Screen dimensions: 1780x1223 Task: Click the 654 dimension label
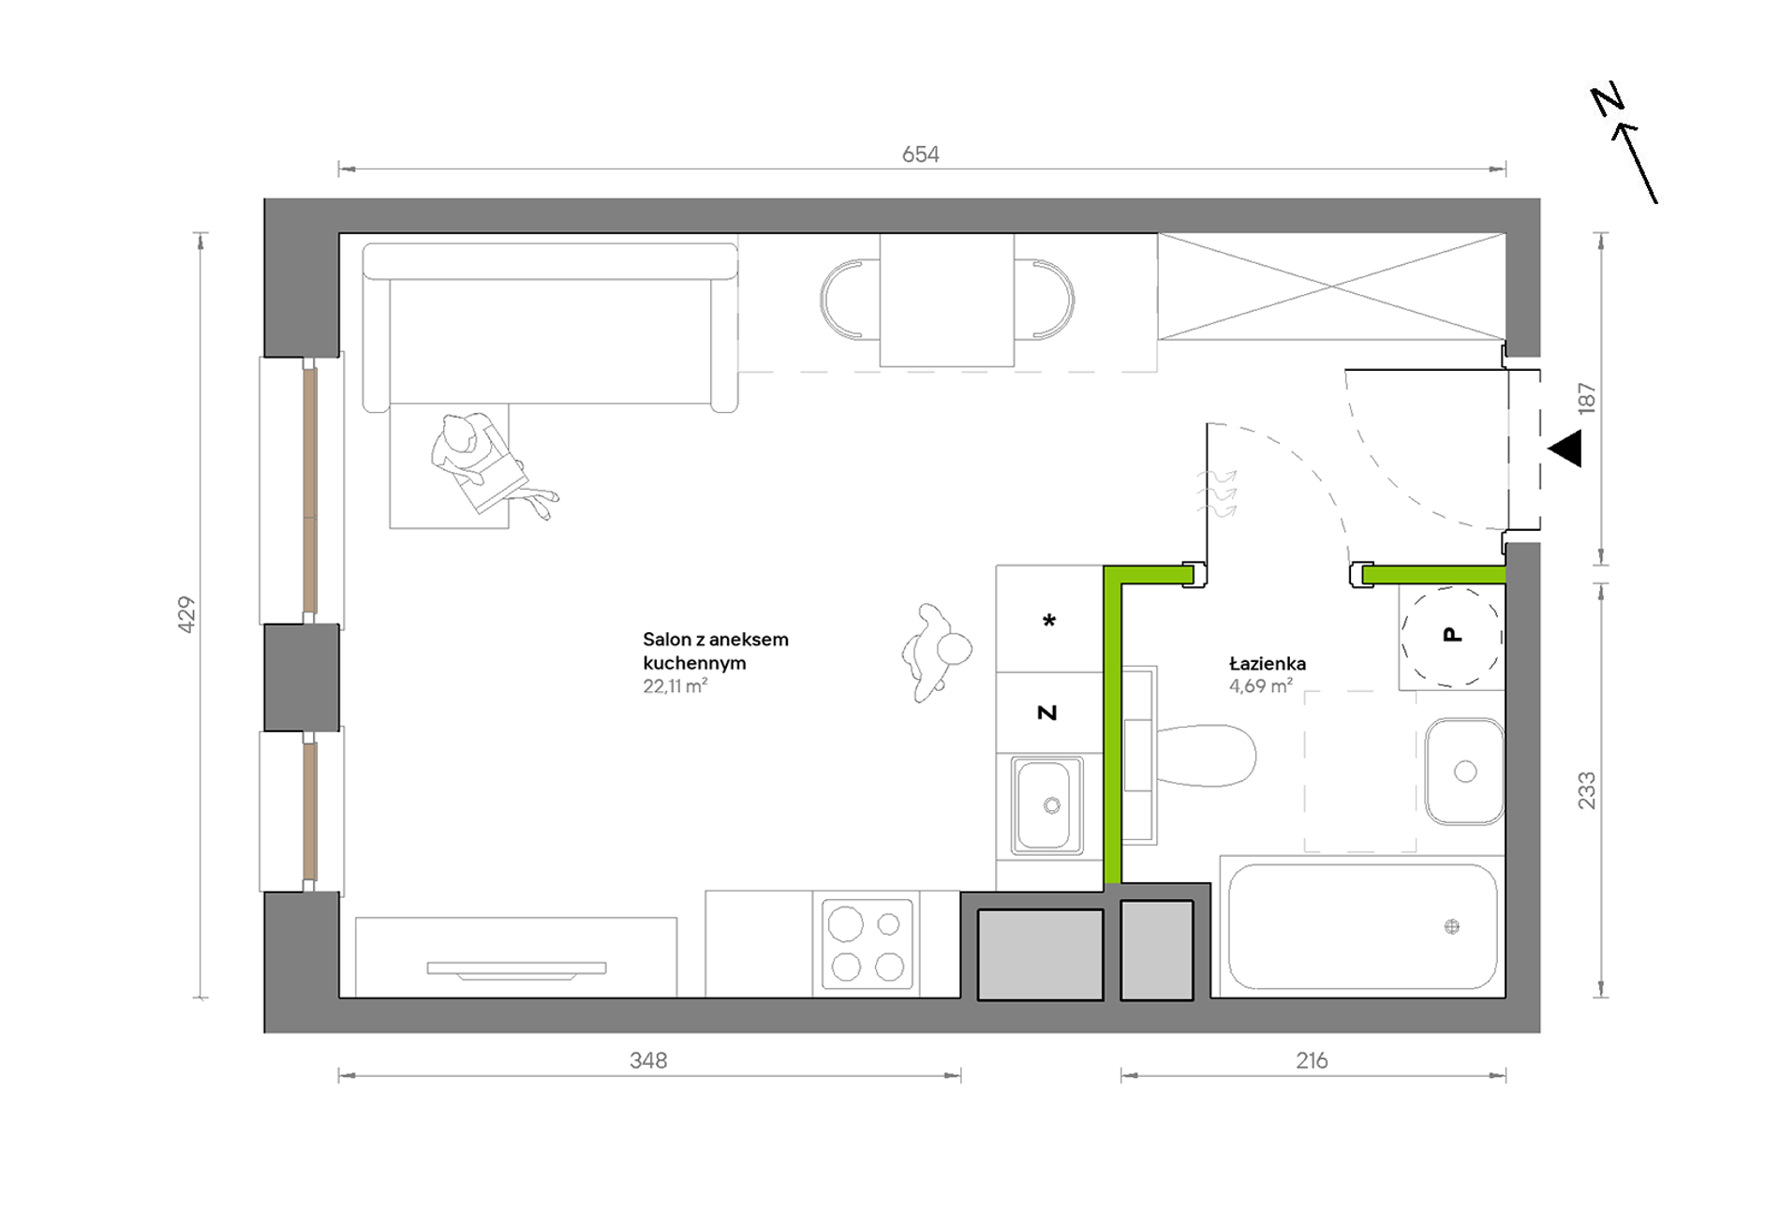point(920,155)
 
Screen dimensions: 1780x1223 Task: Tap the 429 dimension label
point(186,614)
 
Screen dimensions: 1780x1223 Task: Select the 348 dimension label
point(648,1060)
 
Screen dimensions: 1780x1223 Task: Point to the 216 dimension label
point(1312,1060)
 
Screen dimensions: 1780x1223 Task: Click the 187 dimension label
point(1586,398)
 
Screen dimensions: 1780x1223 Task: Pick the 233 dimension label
point(1586,790)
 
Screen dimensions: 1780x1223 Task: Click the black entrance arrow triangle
point(1565,449)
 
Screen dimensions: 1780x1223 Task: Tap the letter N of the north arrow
point(1608,100)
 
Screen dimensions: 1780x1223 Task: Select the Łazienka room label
point(1268,663)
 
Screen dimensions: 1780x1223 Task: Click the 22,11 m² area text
point(675,685)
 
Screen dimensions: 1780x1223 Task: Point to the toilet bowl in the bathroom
point(1206,755)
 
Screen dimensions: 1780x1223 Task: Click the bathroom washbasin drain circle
point(1465,772)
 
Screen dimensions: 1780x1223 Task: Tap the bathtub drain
point(1452,927)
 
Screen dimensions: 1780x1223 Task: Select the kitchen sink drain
point(1052,805)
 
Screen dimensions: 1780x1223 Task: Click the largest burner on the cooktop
point(845,924)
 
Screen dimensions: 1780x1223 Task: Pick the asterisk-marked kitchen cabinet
point(1049,619)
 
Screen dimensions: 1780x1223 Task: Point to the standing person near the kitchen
point(936,652)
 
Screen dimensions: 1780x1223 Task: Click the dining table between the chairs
point(946,300)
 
